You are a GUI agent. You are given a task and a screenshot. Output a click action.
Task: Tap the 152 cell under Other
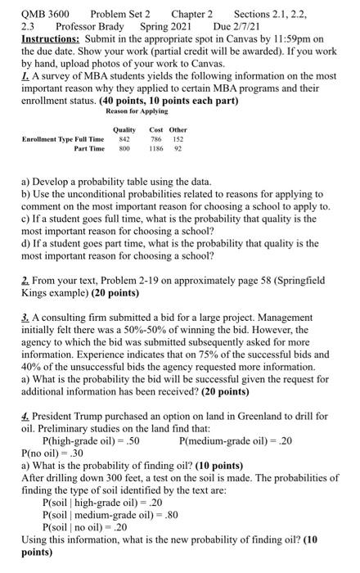(178, 139)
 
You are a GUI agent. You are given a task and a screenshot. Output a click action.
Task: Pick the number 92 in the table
(178, 150)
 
